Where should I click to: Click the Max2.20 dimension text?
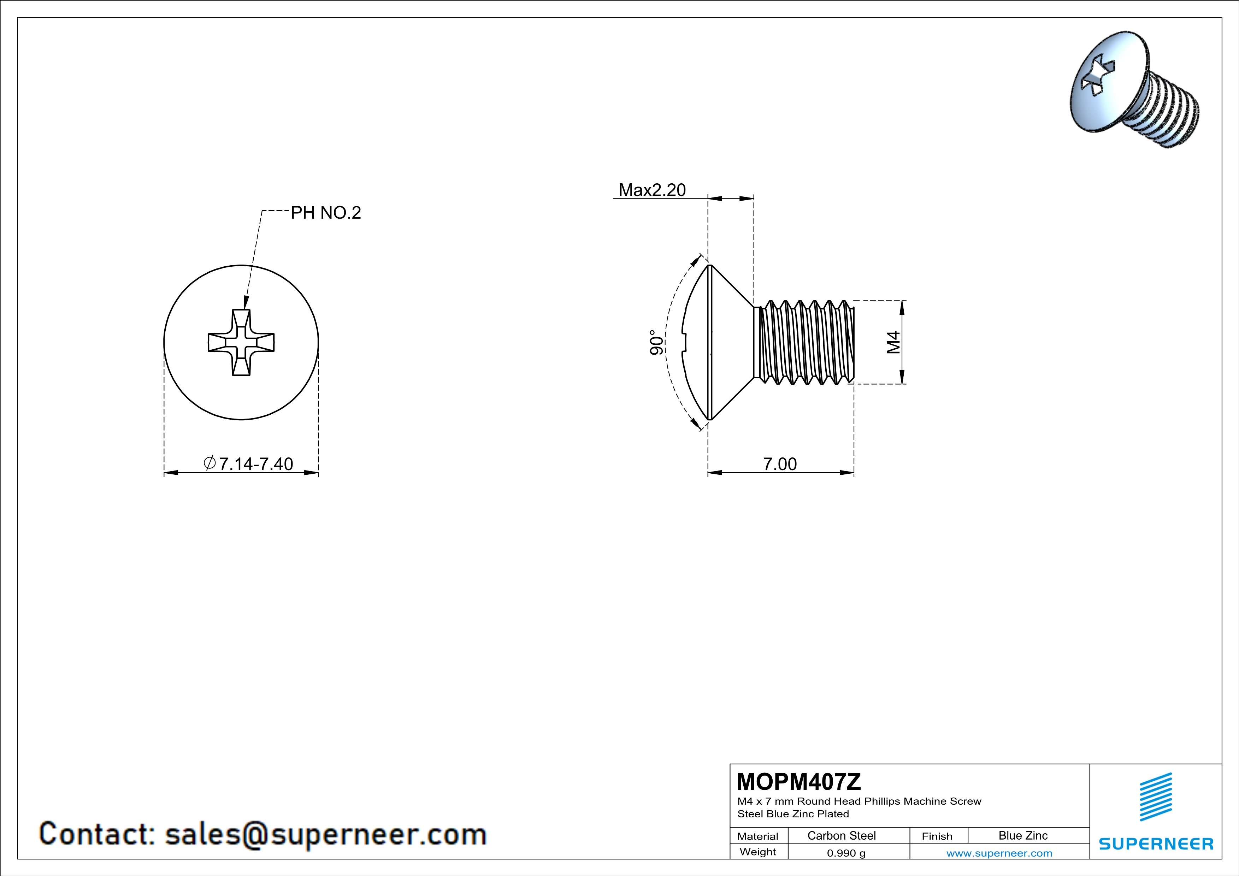pos(651,190)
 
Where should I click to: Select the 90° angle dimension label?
pos(656,343)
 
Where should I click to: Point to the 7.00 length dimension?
pos(779,464)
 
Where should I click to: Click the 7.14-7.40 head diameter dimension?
pos(248,464)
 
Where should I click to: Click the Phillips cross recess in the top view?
pos(241,343)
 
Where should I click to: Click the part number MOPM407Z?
pos(799,781)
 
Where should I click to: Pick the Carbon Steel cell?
pos(841,835)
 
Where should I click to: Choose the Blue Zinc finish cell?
pos(1022,835)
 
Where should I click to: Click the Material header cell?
pos(758,836)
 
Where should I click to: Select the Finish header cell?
pos(937,836)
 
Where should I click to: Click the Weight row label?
pos(758,852)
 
